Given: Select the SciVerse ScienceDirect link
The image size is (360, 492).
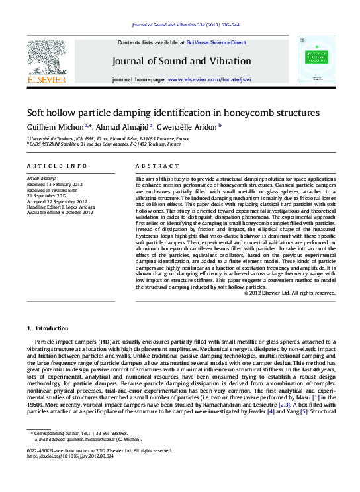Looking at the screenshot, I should point(216,42).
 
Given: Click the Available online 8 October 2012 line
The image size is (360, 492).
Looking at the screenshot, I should point(60,212).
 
